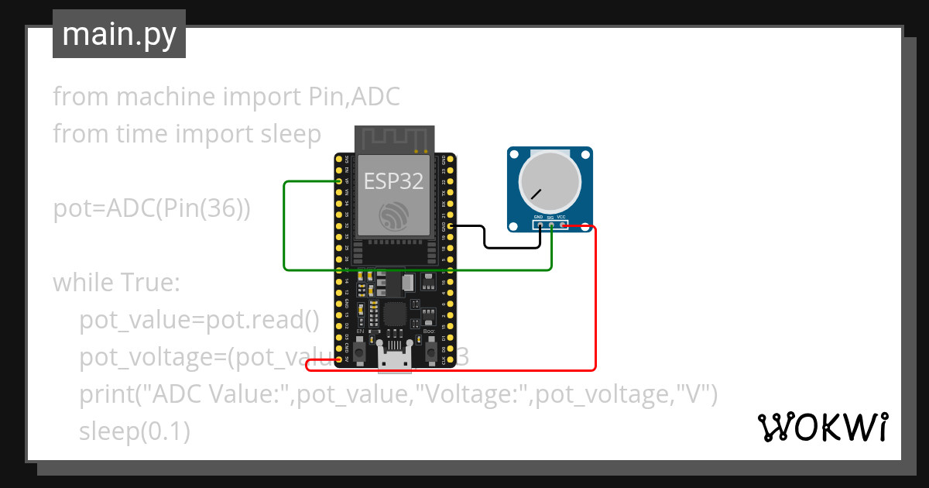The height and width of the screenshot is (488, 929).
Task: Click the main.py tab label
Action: tap(119, 34)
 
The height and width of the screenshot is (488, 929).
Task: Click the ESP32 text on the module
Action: tap(394, 181)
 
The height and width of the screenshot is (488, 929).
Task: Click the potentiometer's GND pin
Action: tap(540, 225)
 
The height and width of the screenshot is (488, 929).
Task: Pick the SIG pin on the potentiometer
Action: tap(551, 225)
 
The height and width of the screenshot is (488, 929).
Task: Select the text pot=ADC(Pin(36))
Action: tap(152, 209)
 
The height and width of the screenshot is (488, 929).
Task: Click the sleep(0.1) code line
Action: tap(135, 431)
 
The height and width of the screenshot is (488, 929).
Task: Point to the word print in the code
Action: tap(107, 394)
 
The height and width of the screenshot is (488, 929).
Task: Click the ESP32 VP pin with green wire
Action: tap(339, 181)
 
